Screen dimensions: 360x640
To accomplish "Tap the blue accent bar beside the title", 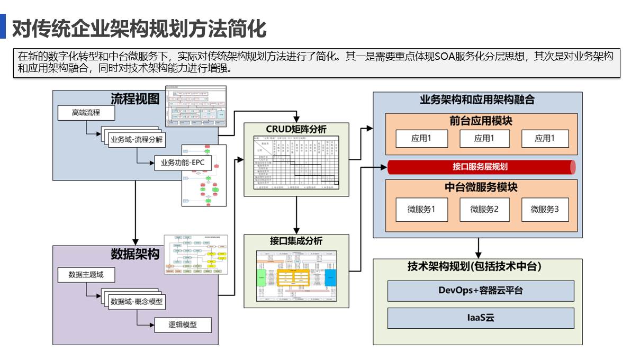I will tap(3, 27).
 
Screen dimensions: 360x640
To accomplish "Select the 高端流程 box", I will tap(86, 112).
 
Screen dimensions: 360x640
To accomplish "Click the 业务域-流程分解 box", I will tap(136, 140).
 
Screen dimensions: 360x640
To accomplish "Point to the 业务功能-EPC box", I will tap(182, 163).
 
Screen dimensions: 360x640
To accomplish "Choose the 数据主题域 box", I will tap(86, 275).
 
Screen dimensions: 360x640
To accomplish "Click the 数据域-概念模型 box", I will tap(136, 302).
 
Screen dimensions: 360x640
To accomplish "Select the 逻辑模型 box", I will tap(182, 325).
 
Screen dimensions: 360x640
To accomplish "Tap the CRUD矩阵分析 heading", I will tap(296, 130).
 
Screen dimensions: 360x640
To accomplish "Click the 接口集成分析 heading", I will tap(296, 241).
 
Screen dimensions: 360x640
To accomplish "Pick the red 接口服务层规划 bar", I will tap(480, 167).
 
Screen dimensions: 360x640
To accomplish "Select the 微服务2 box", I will tap(484, 209).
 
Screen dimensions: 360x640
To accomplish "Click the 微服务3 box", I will tap(545, 209).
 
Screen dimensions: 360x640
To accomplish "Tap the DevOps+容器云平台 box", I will tap(480, 290).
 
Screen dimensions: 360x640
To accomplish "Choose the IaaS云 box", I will tap(480, 318).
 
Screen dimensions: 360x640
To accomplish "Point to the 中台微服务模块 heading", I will tap(480, 187).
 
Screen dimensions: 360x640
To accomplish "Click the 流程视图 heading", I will tap(135, 99).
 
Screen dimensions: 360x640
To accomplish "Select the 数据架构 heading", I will tap(135, 254).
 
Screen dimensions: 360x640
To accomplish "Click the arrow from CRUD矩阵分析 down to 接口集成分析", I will tap(299, 214).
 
